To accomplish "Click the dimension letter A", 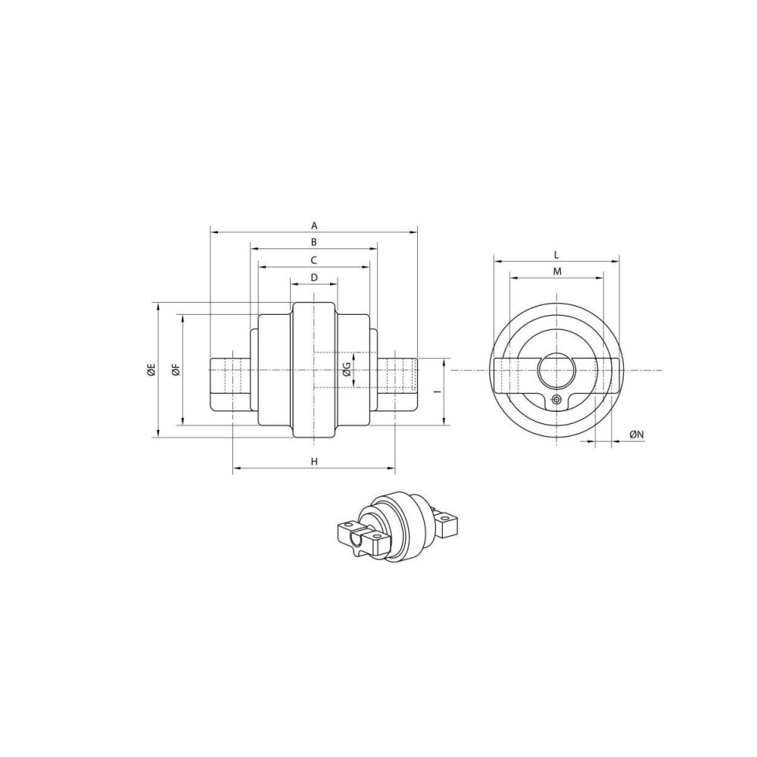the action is point(314,225).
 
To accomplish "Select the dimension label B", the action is point(313,242).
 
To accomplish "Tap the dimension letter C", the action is point(313,260).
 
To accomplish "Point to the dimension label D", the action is point(314,277).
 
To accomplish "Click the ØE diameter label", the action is point(151,370).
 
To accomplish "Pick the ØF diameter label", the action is point(176,370).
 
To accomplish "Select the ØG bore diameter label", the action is point(346,370).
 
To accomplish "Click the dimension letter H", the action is point(314,462).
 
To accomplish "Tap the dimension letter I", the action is point(436,392).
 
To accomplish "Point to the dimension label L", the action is point(556,254).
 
